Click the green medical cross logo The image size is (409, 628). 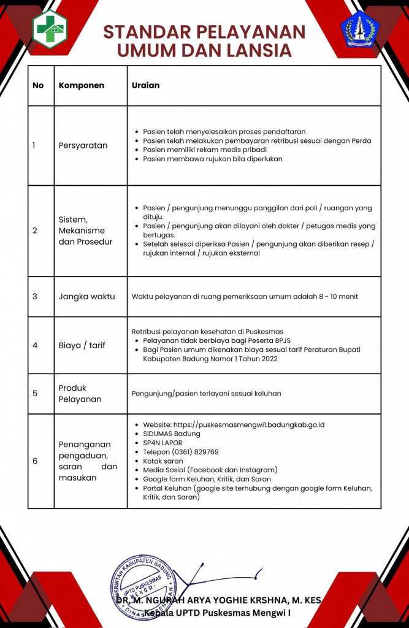pos(50,28)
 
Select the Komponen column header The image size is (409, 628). pos(82,85)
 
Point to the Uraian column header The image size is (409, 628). pos(145,85)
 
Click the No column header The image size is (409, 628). pos(38,85)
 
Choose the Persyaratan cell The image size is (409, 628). pos(83,145)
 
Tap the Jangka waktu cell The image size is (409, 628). pos(86,296)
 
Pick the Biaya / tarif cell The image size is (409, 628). pos(82,345)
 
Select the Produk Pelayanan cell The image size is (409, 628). pos(80,394)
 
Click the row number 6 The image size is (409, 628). pos(35,461)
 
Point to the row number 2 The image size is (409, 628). pos(35,231)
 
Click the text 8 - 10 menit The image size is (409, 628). pos(336,297)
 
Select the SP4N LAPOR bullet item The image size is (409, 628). pos(162,443)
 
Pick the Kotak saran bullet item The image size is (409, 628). pos(162,461)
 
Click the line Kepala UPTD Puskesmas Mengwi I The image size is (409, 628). pos(218,613)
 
